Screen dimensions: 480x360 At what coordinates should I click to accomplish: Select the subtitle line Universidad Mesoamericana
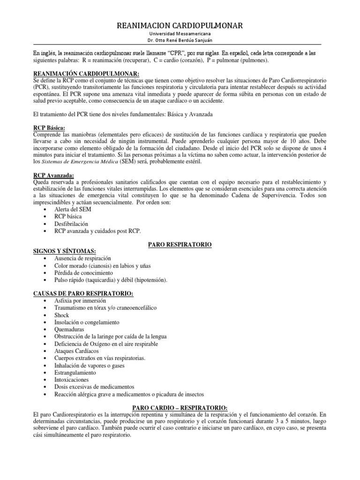[x=180, y=34]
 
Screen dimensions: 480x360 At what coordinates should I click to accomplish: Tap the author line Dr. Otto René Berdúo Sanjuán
[x=180, y=41]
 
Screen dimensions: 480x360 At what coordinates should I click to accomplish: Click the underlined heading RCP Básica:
[x=49, y=128]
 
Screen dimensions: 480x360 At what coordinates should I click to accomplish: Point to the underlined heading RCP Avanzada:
[x=53, y=174]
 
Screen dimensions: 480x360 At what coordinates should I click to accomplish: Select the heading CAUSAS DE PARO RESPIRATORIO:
[x=83, y=293]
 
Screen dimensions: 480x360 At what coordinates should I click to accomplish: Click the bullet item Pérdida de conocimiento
[x=83, y=272]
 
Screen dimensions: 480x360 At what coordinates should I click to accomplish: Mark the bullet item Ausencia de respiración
[x=82, y=258]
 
